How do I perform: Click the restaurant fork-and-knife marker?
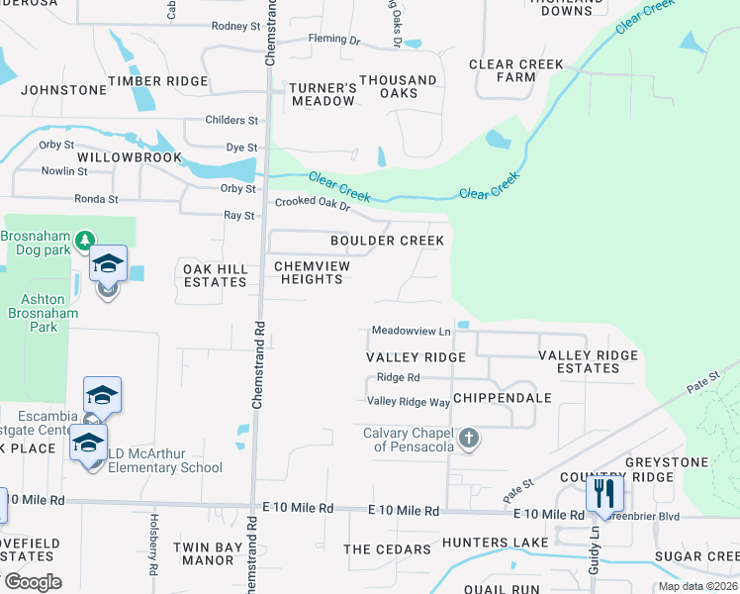coord(604,492)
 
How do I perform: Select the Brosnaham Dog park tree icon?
coord(86,240)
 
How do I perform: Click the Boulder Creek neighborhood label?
coord(387,241)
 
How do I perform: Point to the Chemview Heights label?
coord(308,273)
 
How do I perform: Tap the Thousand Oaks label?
coord(398,86)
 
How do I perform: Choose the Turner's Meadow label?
coord(323,94)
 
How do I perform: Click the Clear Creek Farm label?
coord(516,71)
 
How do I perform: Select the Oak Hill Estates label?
coord(213,275)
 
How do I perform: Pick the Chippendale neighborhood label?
coord(502,398)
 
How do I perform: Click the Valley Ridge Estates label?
coord(588,361)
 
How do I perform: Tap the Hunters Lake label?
coord(495,543)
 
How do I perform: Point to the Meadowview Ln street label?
coord(411,331)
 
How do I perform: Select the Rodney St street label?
coord(234,26)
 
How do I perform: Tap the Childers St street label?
coord(231,121)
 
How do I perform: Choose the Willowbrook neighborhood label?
coord(132,157)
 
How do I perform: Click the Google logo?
coord(33,582)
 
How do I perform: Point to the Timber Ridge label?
coord(158,81)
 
